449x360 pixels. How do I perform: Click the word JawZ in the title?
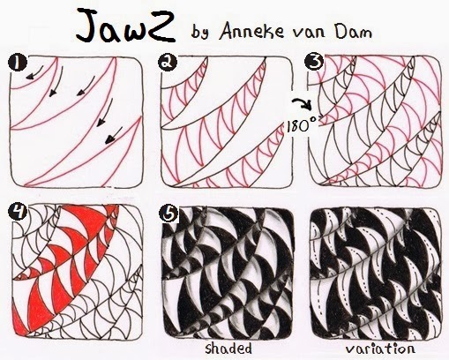pyautogui.click(x=126, y=26)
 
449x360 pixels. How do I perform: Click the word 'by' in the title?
pyautogui.click(x=200, y=32)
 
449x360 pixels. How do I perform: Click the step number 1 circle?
pyautogui.click(x=18, y=63)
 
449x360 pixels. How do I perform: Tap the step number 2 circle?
pyautogui.click(x=168, y=63)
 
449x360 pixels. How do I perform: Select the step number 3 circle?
pyautogui.click(x=314, y=62)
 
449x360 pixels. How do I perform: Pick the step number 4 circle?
pyautogui.click(x=18, y=212)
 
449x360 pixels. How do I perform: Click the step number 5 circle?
pyautogui.click(x=168, y=213)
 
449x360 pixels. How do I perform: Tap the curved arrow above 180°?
pyautogui.click(x=303, y=104)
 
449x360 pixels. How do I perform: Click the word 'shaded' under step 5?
pyautogui.click(x=228, y=349)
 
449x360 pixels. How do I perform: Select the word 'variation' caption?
pyautogui.click(x=380, y=349)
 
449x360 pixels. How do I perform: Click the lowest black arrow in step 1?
pyautogui.click(x=114, y=136)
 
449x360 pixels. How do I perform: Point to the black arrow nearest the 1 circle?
pyautogui.click(x=34, y=72)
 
